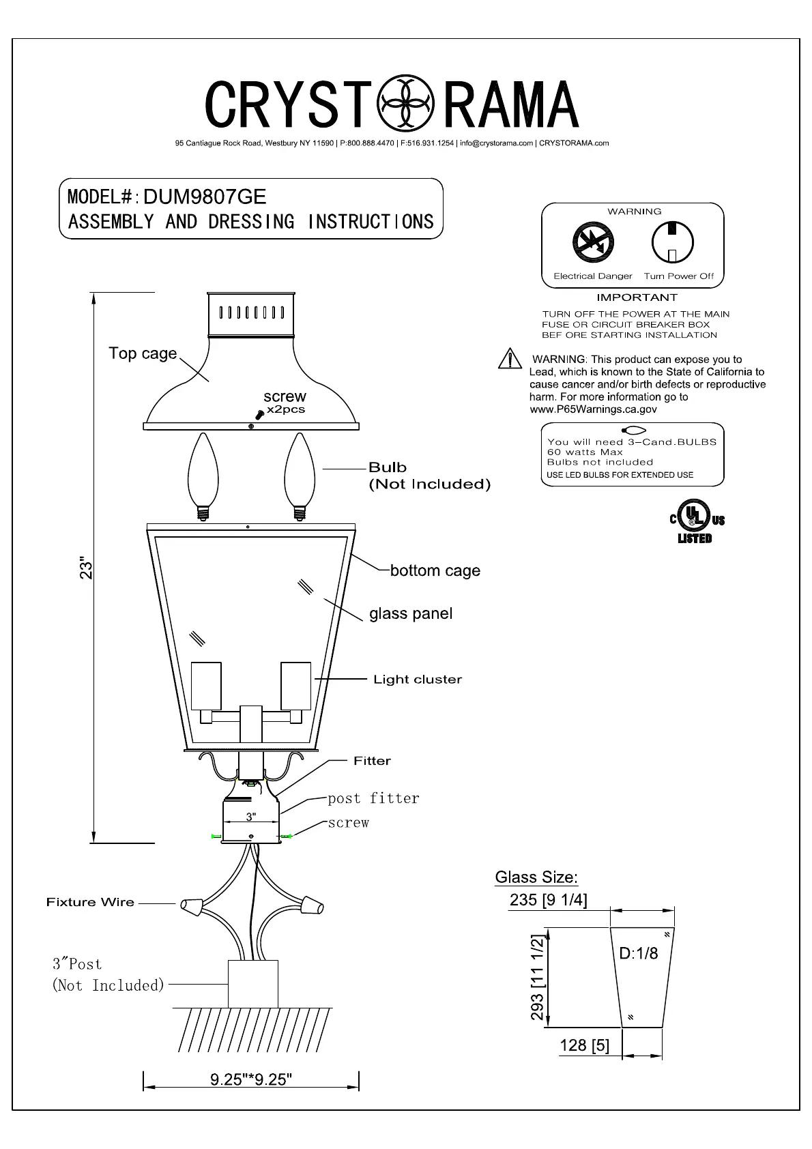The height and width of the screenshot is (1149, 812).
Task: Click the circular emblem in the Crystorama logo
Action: (x=405, y=104)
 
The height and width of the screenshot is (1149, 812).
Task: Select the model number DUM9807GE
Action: (x=205, y=197)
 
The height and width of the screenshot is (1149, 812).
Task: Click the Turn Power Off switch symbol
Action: (x=672, y=242)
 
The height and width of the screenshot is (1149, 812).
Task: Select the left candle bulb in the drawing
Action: (x=203, y=475)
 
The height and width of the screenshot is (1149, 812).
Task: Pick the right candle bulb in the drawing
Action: (x=298, y=475)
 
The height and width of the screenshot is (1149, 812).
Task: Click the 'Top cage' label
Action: (x=143, y=353)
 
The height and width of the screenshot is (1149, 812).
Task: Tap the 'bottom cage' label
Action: (x=435, y=570)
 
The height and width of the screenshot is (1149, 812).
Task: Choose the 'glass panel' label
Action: (x=411, y=613)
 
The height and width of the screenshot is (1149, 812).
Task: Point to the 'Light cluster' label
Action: (x=418, y=680)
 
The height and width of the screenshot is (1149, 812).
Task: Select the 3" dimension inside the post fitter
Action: (x=251, y=816)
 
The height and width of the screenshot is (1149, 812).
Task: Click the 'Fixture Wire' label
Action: (x=90, y=902)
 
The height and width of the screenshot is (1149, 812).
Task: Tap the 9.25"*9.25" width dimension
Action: (x=251, y=1079)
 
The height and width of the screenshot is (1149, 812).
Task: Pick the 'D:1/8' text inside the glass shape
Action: (x=639, y=953)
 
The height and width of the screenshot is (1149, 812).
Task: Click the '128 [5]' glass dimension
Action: (x=584, y=1045)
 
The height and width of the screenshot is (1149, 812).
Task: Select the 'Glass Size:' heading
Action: (x=536, y=877)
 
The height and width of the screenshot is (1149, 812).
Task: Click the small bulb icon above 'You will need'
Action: (x=633, y=431)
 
